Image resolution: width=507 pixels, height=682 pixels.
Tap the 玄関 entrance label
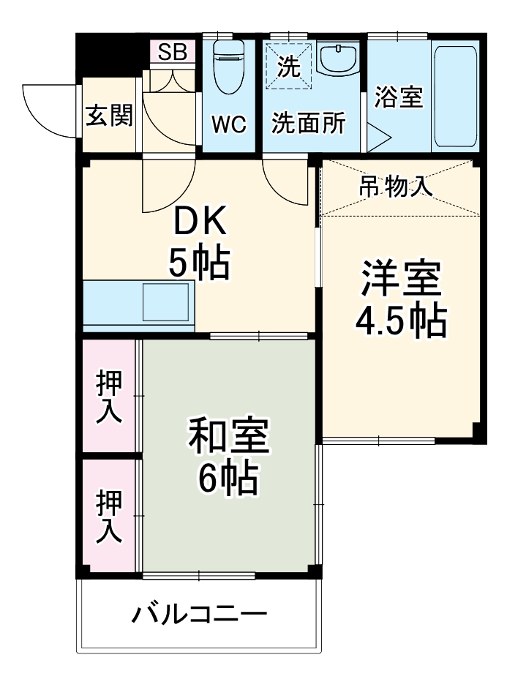click(109, 115)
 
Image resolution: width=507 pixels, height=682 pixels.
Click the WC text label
click(229, 124)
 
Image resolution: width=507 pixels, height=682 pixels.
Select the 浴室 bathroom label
click(399, 97)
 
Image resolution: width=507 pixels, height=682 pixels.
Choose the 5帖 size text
click(200, 263)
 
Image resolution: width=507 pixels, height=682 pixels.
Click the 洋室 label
click(399, 280)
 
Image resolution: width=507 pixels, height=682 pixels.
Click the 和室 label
click(229, 437)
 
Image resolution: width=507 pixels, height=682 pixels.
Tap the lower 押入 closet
click(110, 516)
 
